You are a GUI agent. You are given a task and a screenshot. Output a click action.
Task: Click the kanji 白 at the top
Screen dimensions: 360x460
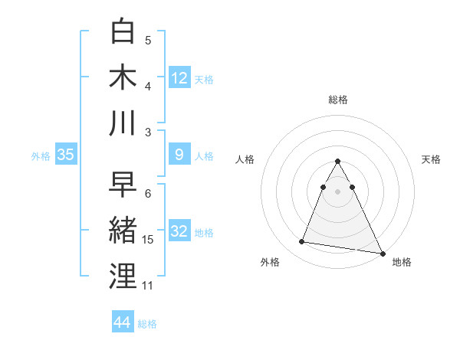click(x=123, y=32)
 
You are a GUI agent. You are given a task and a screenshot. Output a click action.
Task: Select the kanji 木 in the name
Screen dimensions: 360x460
click(x=123, y=77)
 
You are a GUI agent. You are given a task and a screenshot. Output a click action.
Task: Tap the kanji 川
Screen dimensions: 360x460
click(x=123, y=123)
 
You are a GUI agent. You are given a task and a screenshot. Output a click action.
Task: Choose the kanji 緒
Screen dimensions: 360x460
click(x=123, y=231)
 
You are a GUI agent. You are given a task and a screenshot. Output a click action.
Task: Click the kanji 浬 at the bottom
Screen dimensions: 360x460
click(x=123, y=277)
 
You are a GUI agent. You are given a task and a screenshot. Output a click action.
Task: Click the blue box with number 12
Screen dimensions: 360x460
click(x=179, y=77)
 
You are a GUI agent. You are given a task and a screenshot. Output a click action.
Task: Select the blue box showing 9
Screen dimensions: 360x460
click(x=179, y=155)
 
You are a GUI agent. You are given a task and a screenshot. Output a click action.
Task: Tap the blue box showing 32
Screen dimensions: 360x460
click(x=179, y=231)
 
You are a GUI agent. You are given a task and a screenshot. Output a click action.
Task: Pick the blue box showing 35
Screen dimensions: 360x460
click(x=66, y=155)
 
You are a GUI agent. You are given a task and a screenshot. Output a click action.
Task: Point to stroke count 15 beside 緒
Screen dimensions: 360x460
click(x=148, y=240)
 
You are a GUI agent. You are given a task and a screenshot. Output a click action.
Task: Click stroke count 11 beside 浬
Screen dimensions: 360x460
click(x=148, y=286)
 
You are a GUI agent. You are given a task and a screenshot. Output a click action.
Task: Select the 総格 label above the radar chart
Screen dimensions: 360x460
click(x=337, y=100)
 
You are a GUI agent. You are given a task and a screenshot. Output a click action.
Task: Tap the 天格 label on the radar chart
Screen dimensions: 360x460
click(x=431, y=159)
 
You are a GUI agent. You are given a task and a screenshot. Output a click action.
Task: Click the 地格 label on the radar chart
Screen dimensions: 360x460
click(x=402, y=263)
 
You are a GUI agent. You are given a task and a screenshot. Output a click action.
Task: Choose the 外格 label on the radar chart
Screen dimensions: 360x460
click(x=270, y=263)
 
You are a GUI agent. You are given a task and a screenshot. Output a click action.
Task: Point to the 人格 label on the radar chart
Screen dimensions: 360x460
click(x=245, y=159)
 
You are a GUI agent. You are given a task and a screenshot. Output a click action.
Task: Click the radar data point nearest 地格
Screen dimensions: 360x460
click(x=382, y=252)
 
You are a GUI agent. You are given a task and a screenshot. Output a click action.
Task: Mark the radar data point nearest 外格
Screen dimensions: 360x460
click(x=302, y=242)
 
